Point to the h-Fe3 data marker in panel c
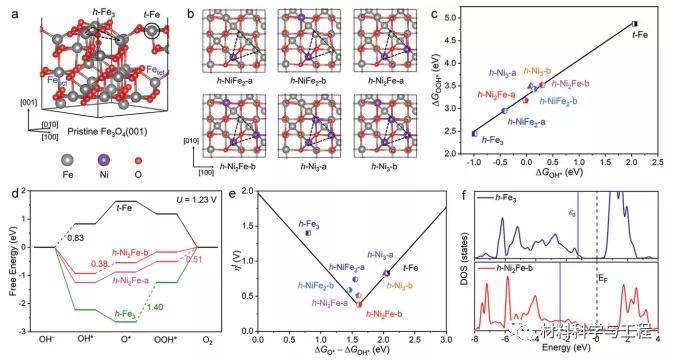tap(474, 133)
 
